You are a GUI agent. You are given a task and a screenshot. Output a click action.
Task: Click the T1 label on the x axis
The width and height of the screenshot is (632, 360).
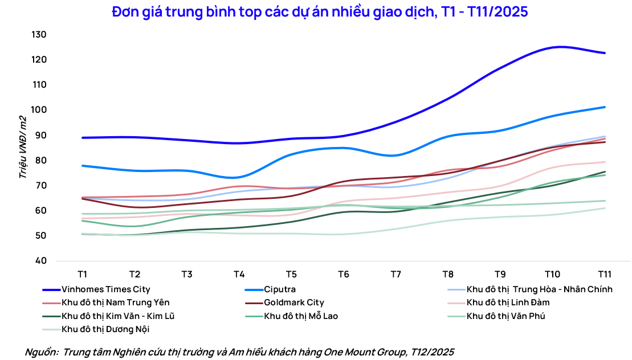[82, 274]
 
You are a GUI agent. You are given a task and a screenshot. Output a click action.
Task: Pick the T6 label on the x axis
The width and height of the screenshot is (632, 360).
[343, 274]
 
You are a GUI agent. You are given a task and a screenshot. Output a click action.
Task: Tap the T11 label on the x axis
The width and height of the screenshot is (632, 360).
[605, 274]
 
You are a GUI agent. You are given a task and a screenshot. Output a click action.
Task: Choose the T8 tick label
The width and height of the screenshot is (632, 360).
[448, 274]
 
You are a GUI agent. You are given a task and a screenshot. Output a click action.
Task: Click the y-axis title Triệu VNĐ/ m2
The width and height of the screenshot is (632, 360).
[23, 147]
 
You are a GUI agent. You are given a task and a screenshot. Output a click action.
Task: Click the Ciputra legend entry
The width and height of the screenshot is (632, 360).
[279, 289]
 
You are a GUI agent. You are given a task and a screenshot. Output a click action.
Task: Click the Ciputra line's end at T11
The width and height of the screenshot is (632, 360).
[605, 107]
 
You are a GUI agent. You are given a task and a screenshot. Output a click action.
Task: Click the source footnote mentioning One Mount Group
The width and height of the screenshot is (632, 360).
[239, 352]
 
